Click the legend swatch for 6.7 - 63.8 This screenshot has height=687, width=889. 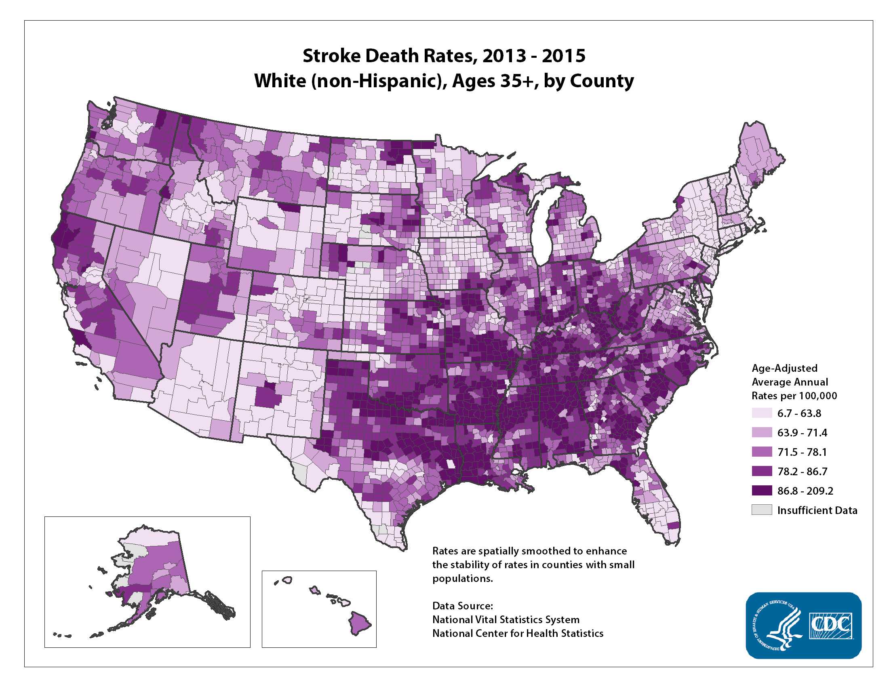(762, 413)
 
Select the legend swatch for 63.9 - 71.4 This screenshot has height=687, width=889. (762, 432)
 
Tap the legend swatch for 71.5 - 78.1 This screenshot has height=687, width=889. (762, 452)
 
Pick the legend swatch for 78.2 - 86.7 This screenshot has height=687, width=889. (762, 471)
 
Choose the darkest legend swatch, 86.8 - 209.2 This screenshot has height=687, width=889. (762, 491)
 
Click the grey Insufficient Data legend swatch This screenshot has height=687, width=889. (762, 510)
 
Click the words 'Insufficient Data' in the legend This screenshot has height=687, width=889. (817, 510)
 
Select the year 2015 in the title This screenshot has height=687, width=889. (563, 56)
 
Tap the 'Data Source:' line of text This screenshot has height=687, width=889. (462, 606)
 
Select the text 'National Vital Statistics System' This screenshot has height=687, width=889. (506, 620)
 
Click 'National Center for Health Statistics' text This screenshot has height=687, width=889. (517, 633)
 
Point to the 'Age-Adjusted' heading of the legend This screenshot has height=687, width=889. (784, 368)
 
